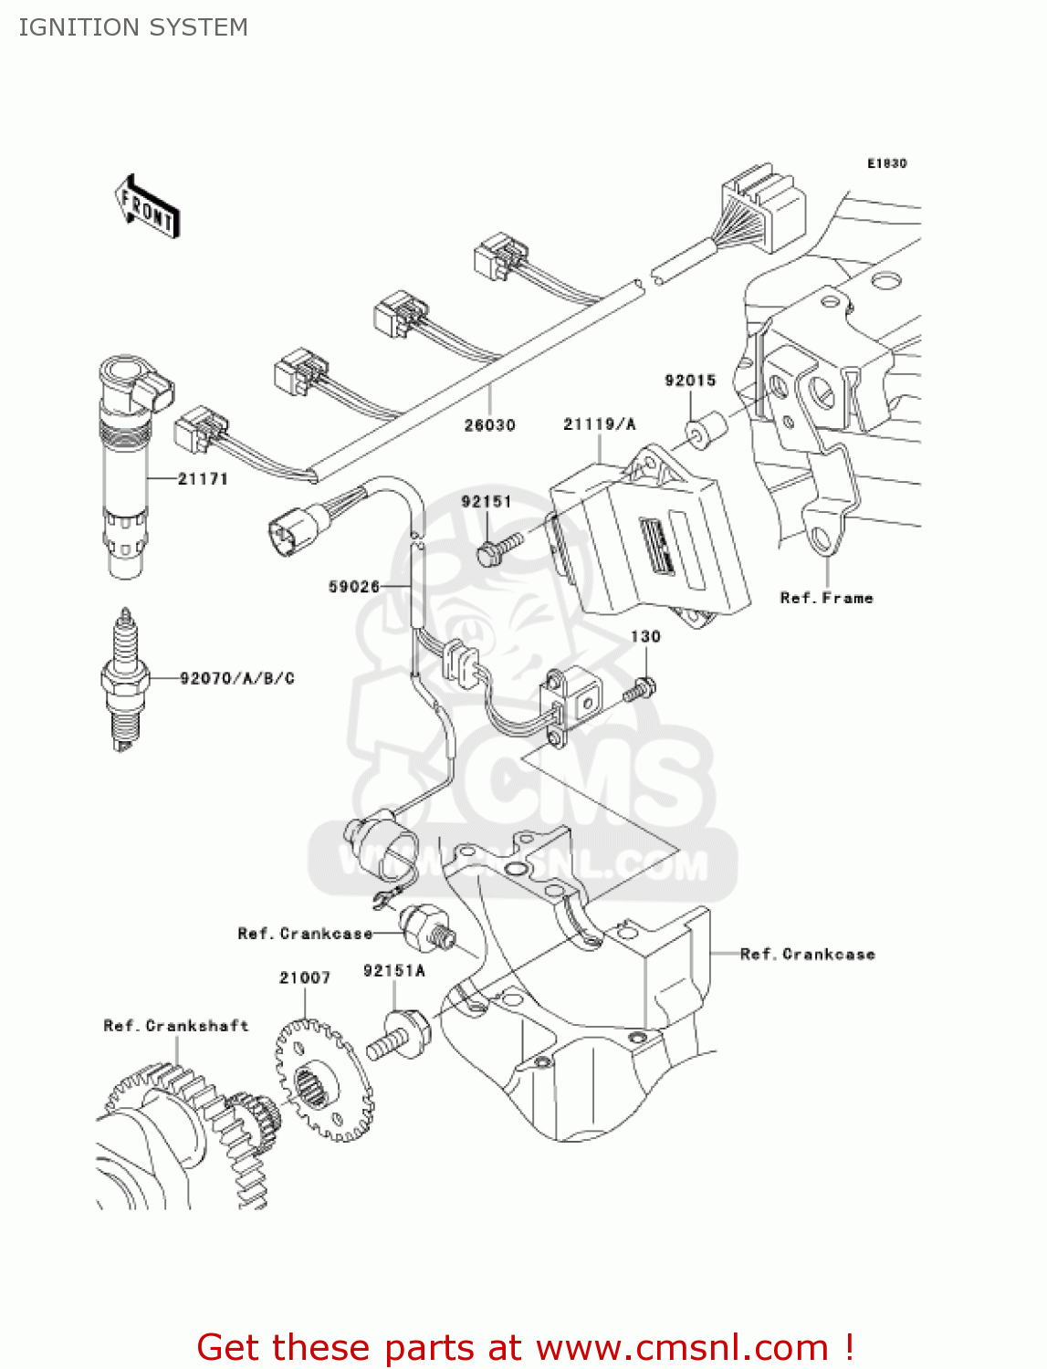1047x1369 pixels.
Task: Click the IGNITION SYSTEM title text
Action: coord(133,27)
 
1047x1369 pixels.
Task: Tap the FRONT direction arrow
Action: coord(147,207)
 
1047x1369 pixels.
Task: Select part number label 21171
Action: coord(203,478)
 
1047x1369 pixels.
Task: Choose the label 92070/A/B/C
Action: coord(237,678)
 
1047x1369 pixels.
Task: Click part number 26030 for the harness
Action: coord(489,424)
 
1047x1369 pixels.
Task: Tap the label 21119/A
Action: coord(599,423)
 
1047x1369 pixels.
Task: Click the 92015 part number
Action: coord(690,381)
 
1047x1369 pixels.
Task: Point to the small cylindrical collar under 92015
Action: coord(705,429)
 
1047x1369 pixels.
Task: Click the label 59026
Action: coord(353,586)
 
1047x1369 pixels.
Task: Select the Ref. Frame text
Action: coord(826,598)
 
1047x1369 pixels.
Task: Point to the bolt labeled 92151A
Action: coord(399,1035)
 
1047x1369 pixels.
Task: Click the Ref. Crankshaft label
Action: coord(175,1026)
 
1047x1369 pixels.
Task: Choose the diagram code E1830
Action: coord(886,163)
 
